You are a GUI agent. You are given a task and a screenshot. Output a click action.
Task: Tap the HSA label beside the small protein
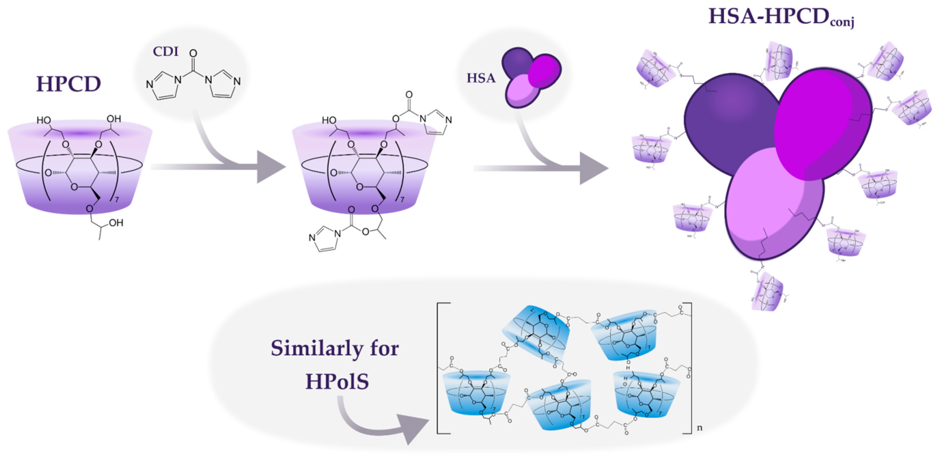coord(481,78)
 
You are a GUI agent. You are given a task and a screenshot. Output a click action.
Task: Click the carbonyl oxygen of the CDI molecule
coord(193,54)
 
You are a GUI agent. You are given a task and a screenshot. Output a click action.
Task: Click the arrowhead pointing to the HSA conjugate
coord(593,168)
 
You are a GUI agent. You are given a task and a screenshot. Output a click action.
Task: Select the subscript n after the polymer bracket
coord(699,428)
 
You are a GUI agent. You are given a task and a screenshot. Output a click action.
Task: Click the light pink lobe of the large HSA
coord(769,205)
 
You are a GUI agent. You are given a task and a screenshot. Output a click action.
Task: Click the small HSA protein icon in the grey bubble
coord(531,77)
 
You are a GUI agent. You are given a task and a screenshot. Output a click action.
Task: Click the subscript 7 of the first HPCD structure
coord(117,200)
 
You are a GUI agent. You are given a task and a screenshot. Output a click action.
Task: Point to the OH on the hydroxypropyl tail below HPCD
coord(116,223)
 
